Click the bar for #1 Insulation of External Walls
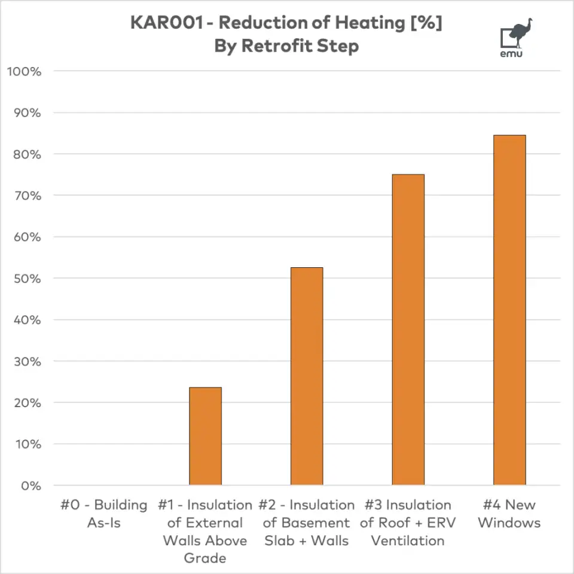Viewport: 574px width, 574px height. [x=205, y=436]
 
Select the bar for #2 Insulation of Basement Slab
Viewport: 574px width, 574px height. [x=307, y=376]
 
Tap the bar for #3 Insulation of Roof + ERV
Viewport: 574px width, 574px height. [x=408, y=329]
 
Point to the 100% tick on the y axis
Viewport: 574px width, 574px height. [x=23, y=72]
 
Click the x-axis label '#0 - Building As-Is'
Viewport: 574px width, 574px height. [x=104, y=514]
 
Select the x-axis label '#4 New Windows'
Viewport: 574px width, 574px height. [x=509, y=514]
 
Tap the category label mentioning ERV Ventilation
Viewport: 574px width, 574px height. [x=408, y=523]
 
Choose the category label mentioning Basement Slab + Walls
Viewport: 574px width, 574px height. [x=306, y=523]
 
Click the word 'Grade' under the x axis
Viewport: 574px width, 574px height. [x=205, y=558]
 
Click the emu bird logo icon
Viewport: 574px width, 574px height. [x=515, y=34]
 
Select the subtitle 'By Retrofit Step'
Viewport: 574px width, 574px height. [x=286, y=46]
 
